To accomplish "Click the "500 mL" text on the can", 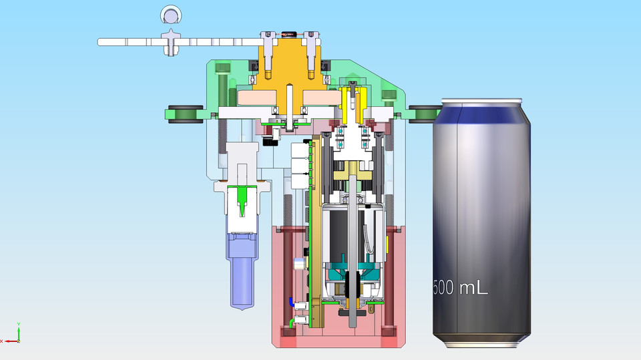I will click(461, 288).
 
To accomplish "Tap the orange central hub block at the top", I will click(288, 67).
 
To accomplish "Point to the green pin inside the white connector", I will click(241, 200).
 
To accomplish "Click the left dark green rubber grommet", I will click(184, 114).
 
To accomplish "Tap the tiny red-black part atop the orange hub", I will click(288, 33).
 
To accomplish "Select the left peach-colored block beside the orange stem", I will click(259, 98).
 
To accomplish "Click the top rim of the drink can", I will click(481, 102).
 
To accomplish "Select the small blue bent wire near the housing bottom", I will click(291, 301).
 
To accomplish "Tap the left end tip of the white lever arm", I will click(101, 42).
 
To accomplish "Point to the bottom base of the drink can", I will click(481, 343).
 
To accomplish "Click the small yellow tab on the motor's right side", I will click(388, 244).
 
